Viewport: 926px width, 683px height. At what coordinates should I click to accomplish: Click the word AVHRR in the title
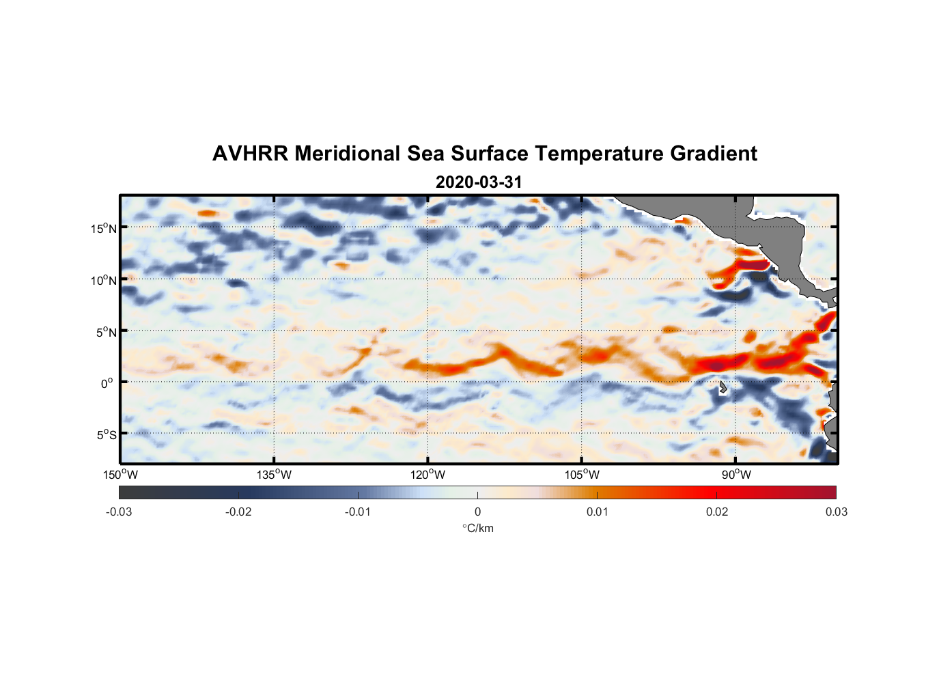(250, 154)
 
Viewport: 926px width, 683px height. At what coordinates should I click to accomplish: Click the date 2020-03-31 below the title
(479, 182)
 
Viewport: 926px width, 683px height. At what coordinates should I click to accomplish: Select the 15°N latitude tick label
(104, 228)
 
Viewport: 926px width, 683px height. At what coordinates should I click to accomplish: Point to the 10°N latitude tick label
(104, 280)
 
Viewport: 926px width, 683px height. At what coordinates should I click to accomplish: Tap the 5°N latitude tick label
(106, 332)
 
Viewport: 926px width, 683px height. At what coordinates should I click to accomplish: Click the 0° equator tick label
(107, 383)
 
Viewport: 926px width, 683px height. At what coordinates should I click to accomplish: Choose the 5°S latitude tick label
(106, 434)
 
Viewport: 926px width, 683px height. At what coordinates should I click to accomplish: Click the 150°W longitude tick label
(120, 475)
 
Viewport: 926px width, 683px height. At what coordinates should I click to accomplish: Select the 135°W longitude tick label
(274, 475)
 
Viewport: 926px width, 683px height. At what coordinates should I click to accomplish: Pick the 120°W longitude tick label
(427, 475)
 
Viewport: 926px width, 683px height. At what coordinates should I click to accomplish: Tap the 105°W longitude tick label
(582, 475)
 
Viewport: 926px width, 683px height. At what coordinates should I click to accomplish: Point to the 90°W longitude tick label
(736, 475)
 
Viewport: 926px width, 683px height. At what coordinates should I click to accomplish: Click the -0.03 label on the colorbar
(119, 512)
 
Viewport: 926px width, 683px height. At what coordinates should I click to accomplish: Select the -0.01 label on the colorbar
(358, 512)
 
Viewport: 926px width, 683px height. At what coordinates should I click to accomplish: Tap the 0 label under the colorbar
(477, 512)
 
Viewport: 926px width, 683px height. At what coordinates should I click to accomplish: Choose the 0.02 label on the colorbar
(717, 512)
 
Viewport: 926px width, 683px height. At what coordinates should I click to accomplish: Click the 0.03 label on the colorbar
(836, 512)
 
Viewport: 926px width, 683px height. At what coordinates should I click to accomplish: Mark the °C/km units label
(478, 528)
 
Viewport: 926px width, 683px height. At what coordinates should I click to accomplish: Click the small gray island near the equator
(722, 388)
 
